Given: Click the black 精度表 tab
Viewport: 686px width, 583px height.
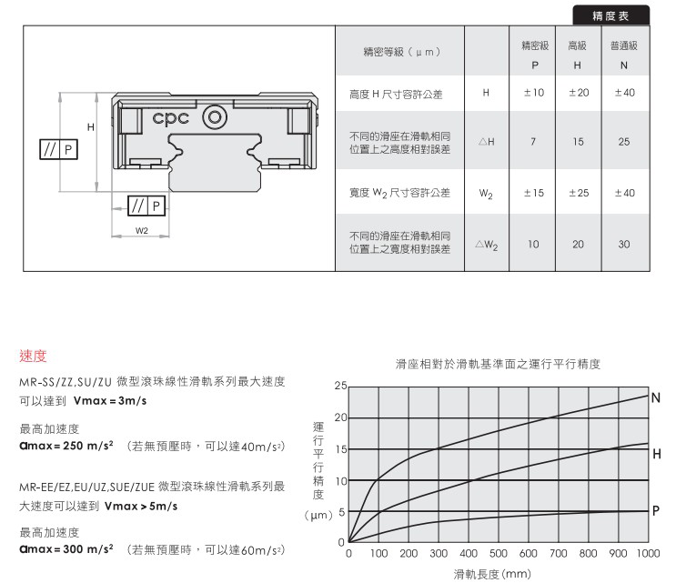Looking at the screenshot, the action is (610, 15).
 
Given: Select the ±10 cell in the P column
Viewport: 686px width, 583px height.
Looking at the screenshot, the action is (534, 93).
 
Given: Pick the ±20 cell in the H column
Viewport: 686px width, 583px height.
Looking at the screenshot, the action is (579, 93).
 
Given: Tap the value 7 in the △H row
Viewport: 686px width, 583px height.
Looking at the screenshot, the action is (533, 142).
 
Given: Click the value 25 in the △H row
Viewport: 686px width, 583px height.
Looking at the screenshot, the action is (624, 142).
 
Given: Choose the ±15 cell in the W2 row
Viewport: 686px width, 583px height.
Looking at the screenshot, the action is (534, 193).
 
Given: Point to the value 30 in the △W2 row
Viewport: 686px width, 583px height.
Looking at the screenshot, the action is (624, 244).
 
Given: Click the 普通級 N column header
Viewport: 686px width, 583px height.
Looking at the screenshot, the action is (624, 55).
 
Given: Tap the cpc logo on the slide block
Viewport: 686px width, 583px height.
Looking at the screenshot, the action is (171, 118).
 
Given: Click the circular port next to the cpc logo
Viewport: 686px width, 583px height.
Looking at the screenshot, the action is (215, 117).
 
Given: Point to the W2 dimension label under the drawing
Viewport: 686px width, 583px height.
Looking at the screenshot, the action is (141, 230).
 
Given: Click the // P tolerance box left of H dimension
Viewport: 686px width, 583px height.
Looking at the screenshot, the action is (58, 149).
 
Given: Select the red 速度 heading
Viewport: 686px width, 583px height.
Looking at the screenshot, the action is (33, 356).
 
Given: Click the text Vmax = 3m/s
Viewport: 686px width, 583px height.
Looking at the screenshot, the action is (110, 400).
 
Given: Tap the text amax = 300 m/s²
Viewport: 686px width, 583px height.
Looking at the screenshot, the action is (66, 548).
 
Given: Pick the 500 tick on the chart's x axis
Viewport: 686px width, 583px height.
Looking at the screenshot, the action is (499, 554).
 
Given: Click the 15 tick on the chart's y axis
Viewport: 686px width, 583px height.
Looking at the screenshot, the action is (341, 449).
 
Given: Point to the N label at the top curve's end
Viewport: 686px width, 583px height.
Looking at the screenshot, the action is (655, 397).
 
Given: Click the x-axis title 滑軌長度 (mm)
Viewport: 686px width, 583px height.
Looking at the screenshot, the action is (492, 574).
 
